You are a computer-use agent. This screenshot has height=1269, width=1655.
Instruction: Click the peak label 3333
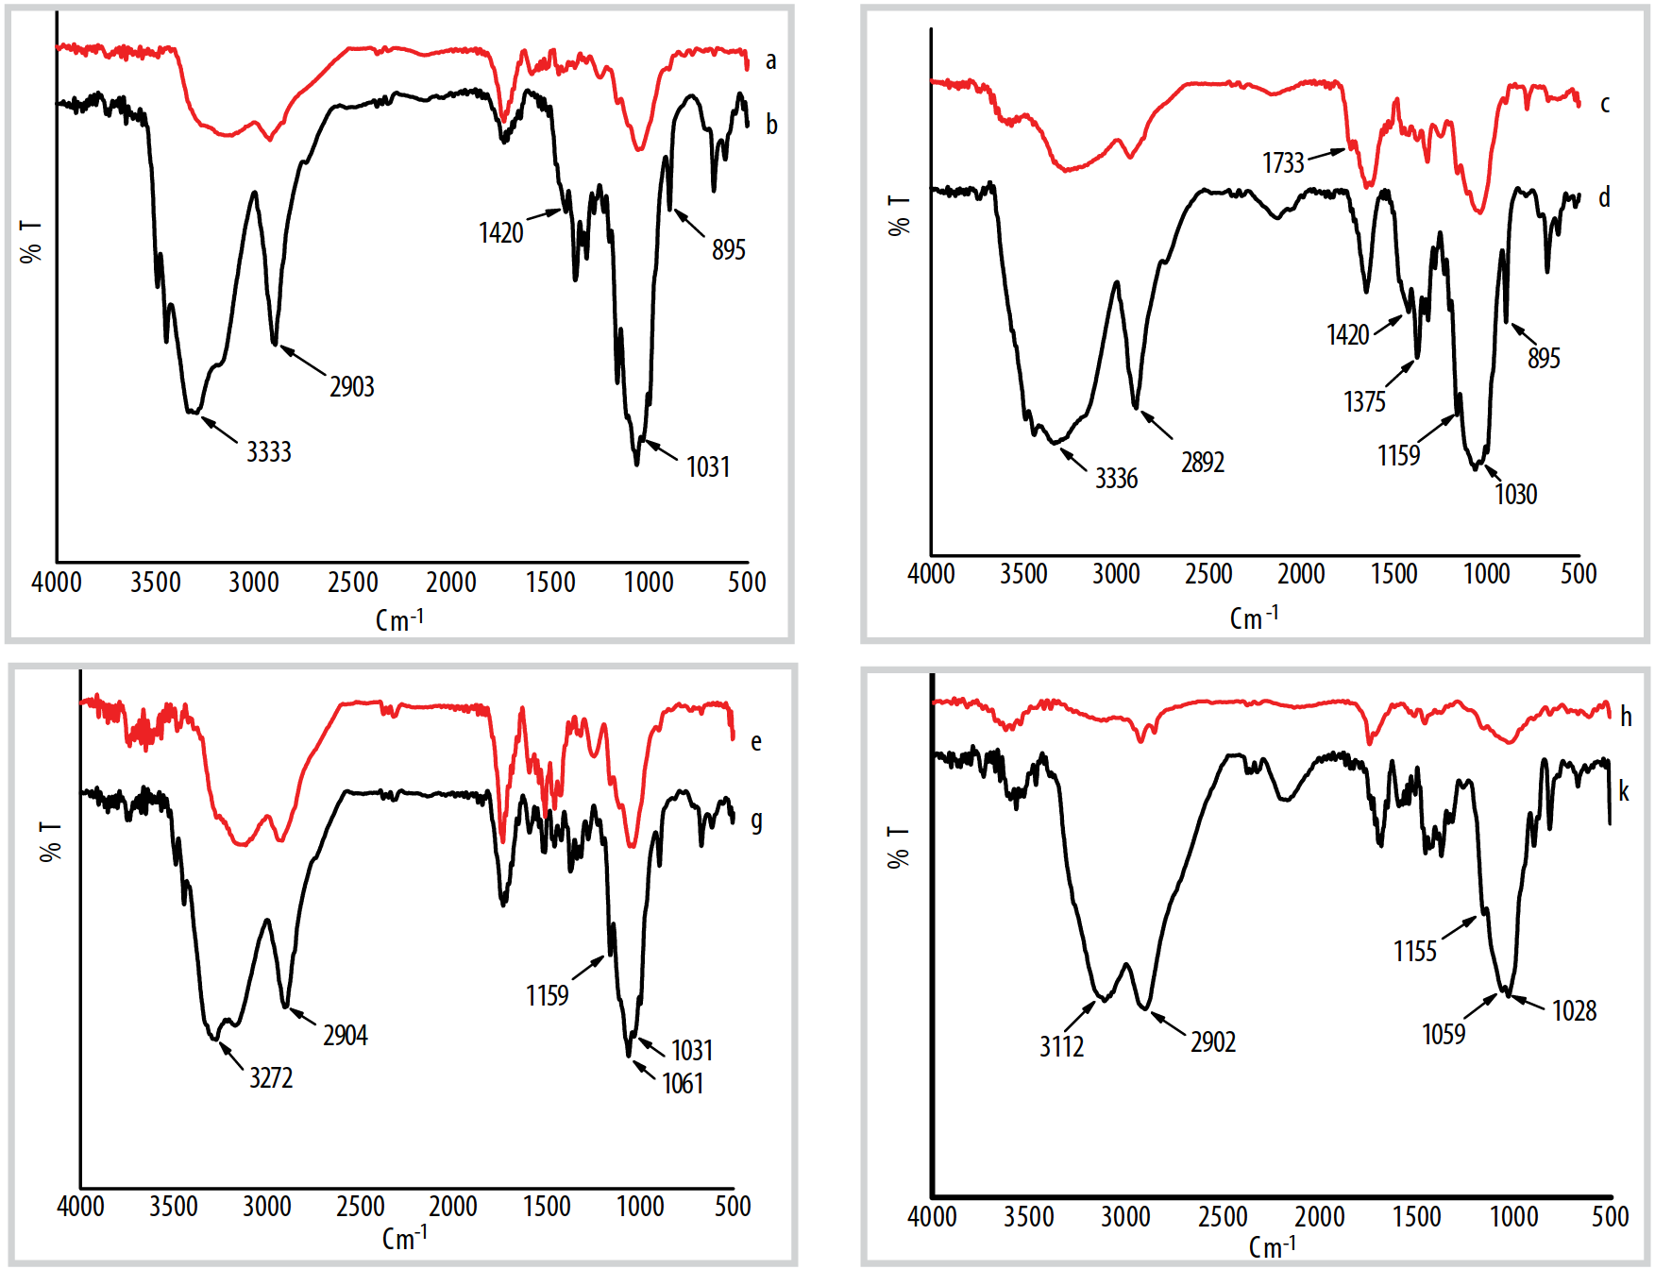pos(269,452)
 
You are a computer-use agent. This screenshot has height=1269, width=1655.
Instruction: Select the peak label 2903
pos(352,387)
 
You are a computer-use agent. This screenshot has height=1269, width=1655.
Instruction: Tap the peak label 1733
pos(1283,163)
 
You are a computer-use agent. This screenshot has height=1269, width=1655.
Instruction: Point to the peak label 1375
pos(1364,402)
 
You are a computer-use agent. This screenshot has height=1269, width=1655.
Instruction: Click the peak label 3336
pos(1116,479)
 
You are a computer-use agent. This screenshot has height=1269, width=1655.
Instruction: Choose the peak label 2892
pos(1202,463)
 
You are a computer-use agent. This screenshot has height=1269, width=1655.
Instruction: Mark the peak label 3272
pos(271,1078)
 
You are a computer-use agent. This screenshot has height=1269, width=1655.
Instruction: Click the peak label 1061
pos(683,1084)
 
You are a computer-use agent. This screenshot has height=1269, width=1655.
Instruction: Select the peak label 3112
pos(1061,1047)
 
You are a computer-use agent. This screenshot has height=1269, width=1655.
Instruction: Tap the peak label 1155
pos(1414,952)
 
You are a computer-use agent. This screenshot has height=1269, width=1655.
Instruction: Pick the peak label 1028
pos(1574,1011)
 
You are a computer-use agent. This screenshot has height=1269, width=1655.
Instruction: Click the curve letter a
pos(770,61)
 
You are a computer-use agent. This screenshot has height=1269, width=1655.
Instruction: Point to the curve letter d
pos(1604,197)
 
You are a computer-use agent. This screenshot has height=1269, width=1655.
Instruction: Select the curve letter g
pos(756,821)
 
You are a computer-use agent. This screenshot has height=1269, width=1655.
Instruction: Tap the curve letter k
pos(1624,791)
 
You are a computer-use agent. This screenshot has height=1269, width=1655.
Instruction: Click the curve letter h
pos(1626,717)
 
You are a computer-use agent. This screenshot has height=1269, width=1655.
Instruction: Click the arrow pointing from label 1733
pos(1326,153)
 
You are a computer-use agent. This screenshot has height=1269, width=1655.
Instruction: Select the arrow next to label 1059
pos(1480,1007)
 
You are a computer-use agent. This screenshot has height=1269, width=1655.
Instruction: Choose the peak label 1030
pos(1515,495)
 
